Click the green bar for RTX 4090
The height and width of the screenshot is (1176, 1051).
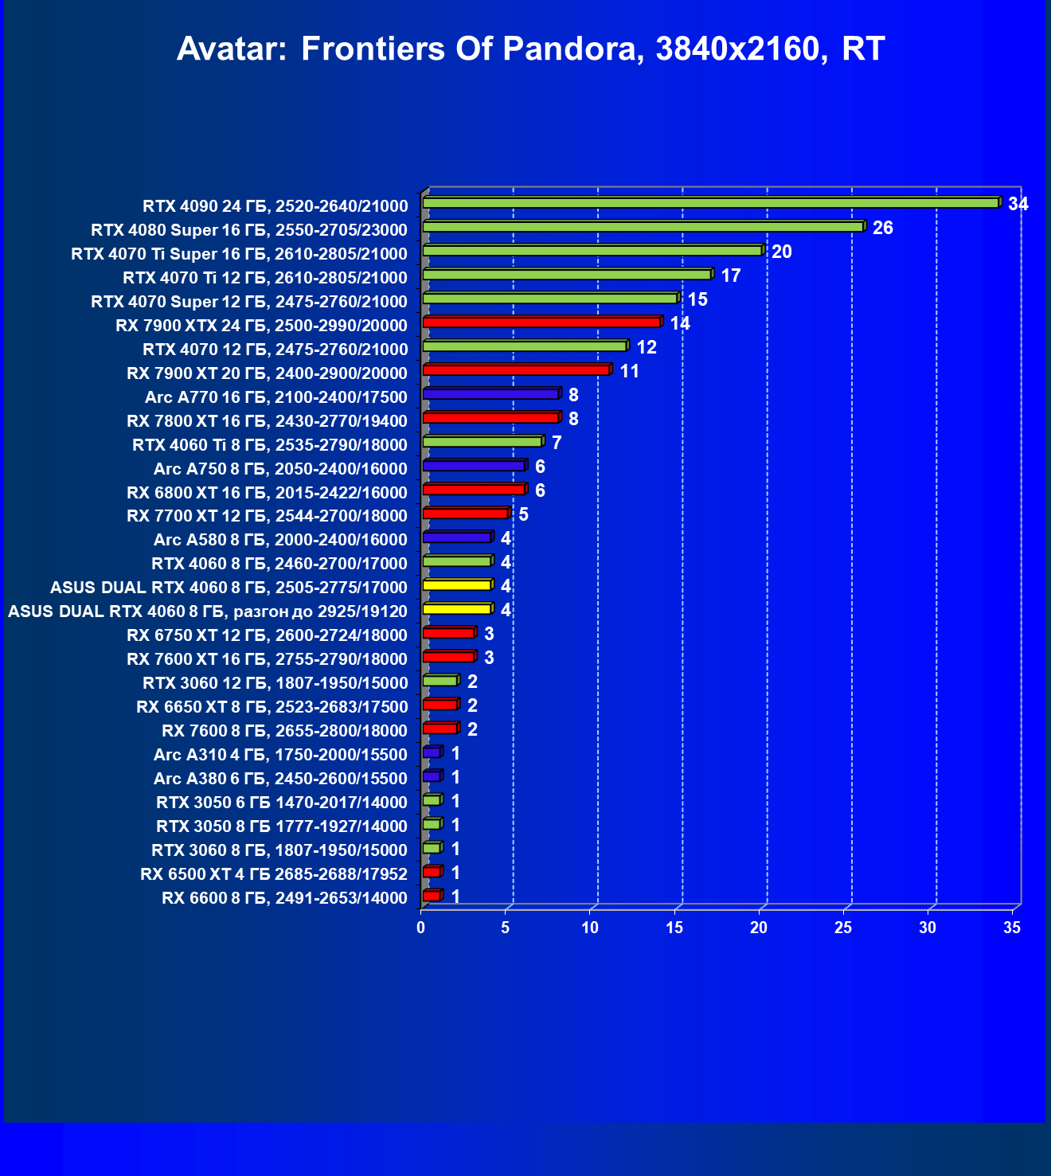click(710, 203)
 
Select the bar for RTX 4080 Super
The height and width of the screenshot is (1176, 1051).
click(643, 227)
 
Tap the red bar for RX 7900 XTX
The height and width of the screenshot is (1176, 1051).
click(541, 322)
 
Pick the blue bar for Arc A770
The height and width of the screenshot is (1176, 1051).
click(490, 394)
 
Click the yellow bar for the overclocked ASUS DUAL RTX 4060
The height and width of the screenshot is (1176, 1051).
click(457, 609)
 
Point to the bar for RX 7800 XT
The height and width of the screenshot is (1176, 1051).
click(490, 418)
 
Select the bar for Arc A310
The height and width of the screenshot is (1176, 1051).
click(431, 752)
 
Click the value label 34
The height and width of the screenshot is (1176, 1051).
click(1018, 204)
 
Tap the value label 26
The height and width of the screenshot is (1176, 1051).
click(882, 228)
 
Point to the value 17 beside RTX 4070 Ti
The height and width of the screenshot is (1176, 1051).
click(730, 275)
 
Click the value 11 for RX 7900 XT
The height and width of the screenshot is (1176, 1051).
click(629, 371)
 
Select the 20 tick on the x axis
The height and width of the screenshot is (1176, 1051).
click(759, 928)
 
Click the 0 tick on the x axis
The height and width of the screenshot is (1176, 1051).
click(421, 928)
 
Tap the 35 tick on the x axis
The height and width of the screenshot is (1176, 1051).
click(1012, 928)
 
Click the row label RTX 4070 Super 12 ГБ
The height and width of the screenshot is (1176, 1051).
click(249, 301)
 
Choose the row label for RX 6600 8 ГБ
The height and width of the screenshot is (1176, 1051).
click(284, 898)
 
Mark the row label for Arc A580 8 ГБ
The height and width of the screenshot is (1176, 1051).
click(280, 540)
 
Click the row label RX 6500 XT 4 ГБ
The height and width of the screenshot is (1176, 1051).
click(274, 874)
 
